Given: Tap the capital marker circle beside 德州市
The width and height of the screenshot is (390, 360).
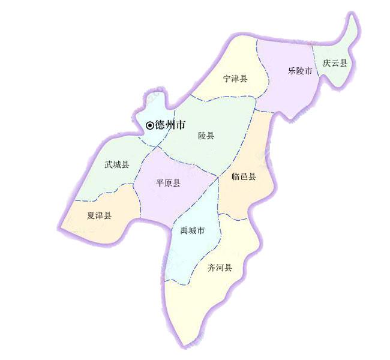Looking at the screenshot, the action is (150, 125).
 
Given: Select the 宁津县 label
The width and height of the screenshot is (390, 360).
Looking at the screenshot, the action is (235, 79).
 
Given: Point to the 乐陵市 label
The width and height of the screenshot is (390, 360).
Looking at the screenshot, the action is (299, 71).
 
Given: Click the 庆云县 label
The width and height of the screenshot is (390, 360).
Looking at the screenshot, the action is (334, 63).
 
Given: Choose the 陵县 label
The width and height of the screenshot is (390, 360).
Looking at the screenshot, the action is (206, 136).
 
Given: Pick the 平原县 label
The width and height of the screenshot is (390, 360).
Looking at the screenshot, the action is (168, 183).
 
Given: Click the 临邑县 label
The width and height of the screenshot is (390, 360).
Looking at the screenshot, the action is (244, 176).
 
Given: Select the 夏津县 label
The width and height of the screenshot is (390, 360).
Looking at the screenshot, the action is (99, 216).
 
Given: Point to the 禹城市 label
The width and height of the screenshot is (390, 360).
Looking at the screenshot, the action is (193, 230).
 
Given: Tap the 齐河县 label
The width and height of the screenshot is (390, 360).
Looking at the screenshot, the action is (220, 268).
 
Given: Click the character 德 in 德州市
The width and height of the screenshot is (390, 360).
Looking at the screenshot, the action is (160, 125).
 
